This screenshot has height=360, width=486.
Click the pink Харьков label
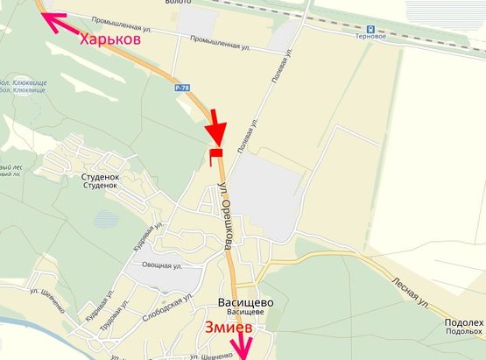110,39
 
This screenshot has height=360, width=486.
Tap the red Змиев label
229,328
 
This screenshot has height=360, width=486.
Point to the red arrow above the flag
215,127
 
